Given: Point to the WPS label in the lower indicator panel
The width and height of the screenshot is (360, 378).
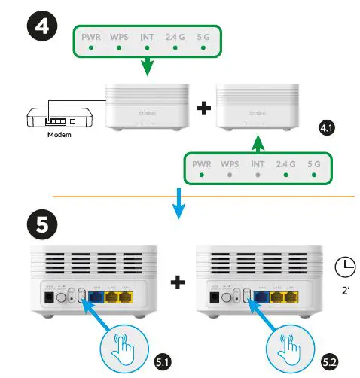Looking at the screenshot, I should (230, 163).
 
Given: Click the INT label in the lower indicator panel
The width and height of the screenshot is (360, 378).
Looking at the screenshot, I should (258, 163).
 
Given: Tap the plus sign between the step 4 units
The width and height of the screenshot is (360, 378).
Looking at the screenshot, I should (201, 108).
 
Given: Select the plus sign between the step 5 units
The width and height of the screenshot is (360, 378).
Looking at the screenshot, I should (178, 282).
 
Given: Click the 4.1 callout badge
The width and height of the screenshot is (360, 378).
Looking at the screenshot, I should (326, 130).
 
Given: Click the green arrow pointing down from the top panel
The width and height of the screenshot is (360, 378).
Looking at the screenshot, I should (148, 66).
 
